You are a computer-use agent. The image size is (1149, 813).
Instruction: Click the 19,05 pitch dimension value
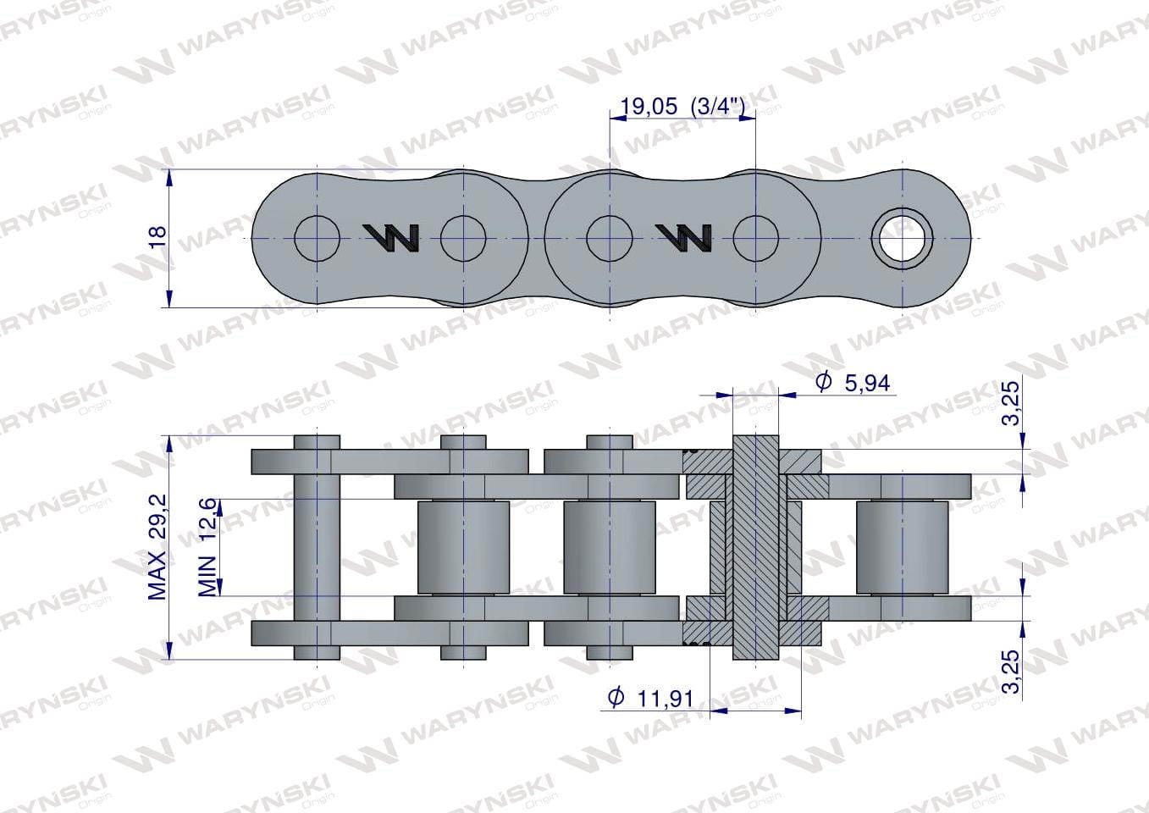pyautogui.click(x=649, y=106)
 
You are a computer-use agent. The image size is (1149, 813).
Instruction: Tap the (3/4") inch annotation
pyautogui.click(x=717, y=106)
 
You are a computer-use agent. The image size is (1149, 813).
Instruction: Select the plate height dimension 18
pyautogui.click(x=158, y=236)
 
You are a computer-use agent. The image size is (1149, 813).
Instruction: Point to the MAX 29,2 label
pyautogui.click(x=157, y=547)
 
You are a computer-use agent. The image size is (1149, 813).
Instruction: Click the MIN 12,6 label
pyautogui.click(x=207, y=547)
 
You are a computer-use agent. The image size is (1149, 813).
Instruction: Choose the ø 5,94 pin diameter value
pyautogui.click(x=853, y=383)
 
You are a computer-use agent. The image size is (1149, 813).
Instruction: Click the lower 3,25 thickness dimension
pyautogui.click(x=1011, y=672)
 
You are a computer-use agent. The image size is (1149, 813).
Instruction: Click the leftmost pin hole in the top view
pyautogui.click(x=317, y=239)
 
